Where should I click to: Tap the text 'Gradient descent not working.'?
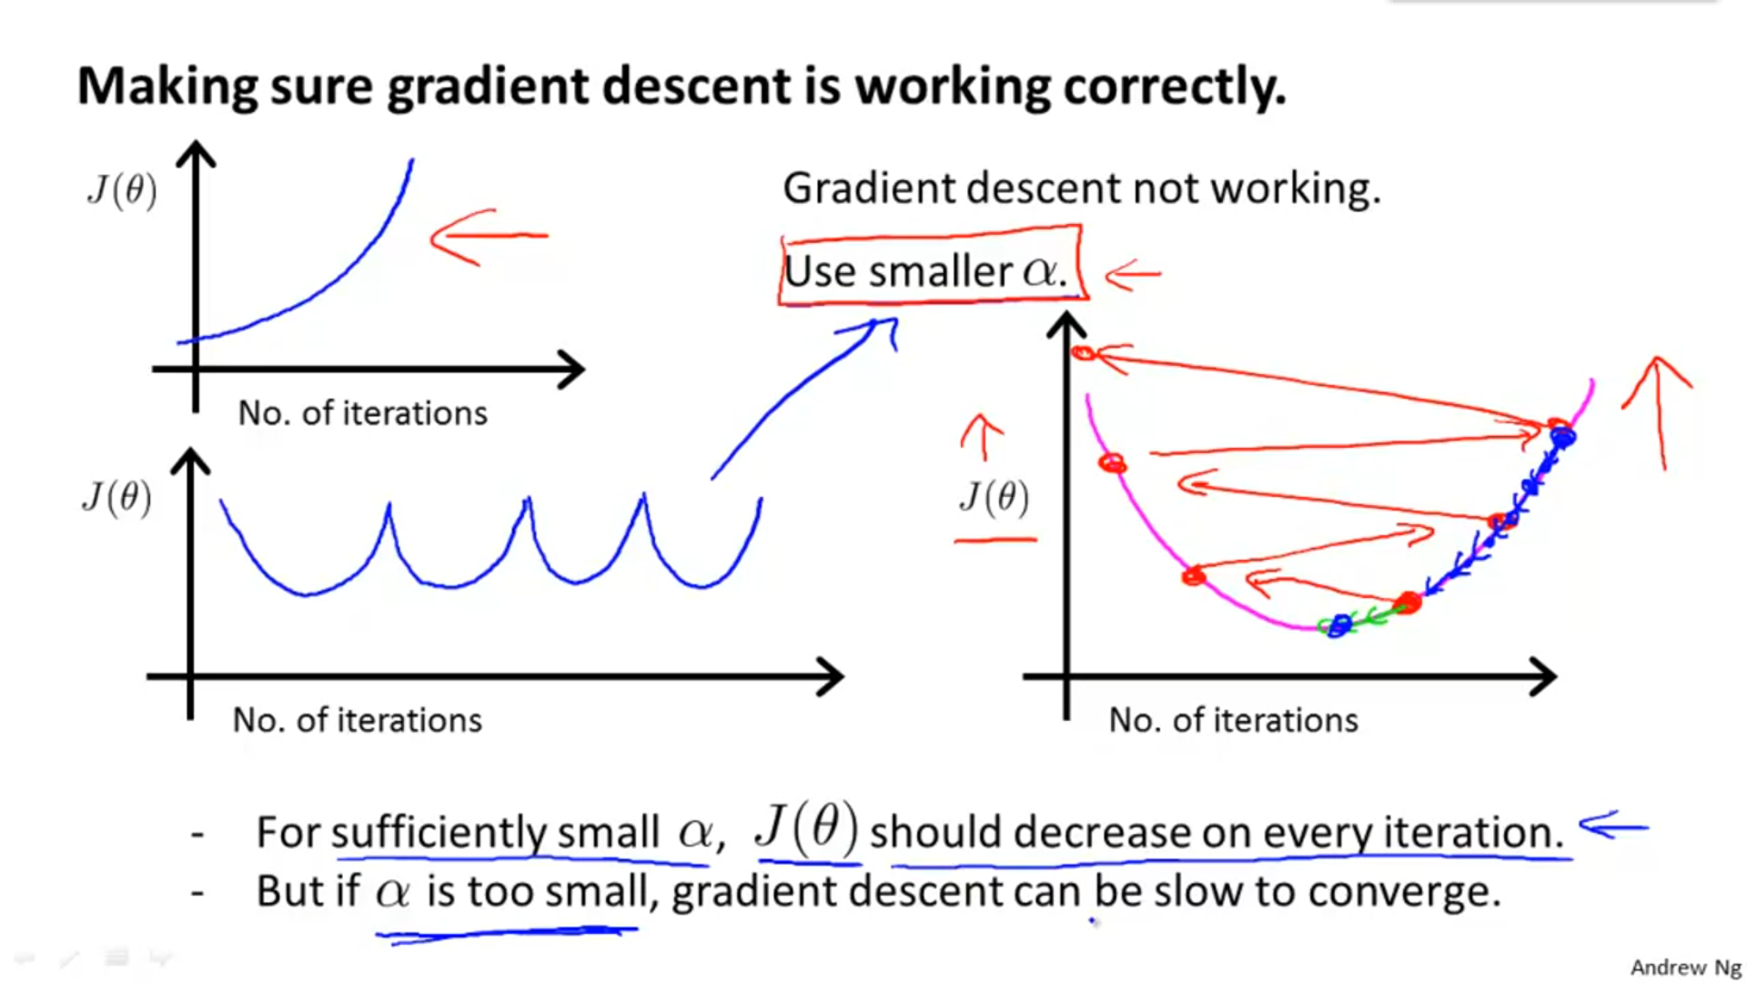tap(1082, 188)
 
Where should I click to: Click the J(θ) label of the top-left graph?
tap(122, 189)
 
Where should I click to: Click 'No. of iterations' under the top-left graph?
tap(362, 413)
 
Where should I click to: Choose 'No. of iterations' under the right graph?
tap(1233, 720)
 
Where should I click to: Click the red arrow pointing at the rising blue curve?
tap(490, 237)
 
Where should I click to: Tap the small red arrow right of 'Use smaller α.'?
tap(1133, 274)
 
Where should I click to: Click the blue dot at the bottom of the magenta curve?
tap(1338, 625)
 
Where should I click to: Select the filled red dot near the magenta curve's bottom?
tap(1407, 603)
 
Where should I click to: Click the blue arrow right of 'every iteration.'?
tap(1613, 826)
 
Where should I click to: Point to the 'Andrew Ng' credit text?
tap(1685, 967)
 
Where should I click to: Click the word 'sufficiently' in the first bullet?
tap(439, 832)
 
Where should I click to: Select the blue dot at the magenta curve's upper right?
tap(1562, 438)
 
